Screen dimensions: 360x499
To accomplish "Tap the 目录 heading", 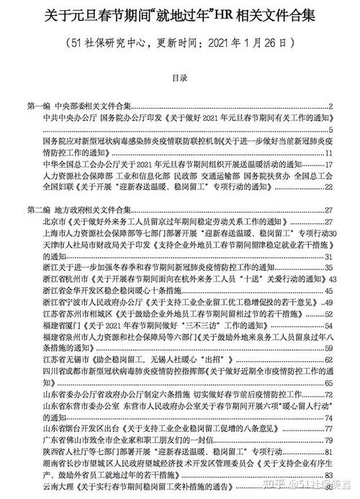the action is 180,75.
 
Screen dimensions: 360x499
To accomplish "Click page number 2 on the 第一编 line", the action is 328,106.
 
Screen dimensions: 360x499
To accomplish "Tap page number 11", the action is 328,153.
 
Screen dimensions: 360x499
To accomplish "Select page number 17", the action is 328,164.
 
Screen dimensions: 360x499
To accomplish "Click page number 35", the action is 328,268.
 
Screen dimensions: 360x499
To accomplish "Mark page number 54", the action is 328,314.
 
